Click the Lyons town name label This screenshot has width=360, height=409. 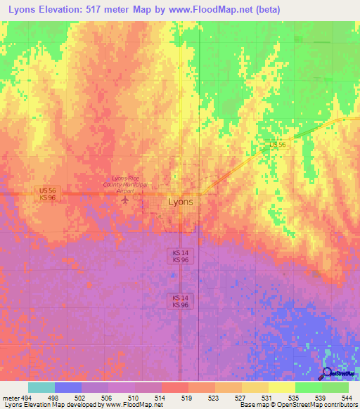click(181, 202)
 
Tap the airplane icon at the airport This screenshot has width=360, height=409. click(125, 200)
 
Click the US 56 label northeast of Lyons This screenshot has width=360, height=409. click(277, 145)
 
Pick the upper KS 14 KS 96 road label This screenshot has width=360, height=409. click(181, 256)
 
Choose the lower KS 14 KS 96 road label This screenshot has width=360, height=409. click(181, 301)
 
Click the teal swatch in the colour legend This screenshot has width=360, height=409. click(41, 387)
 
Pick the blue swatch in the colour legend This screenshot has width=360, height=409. click(68, 387)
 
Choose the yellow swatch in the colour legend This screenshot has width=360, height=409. click(281, 387)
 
